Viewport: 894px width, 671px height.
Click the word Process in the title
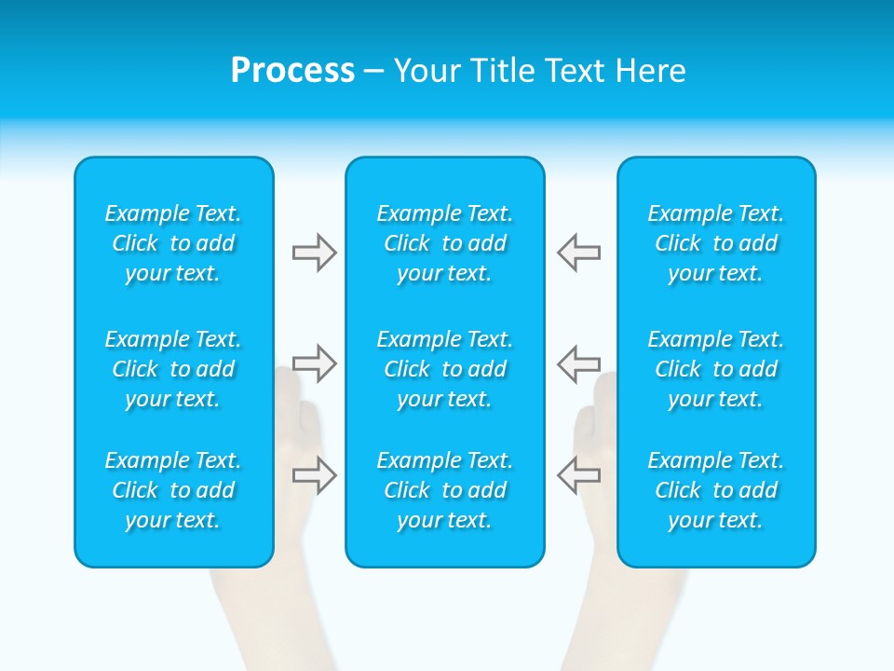point(292,71)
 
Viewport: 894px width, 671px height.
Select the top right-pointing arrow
point(314,253)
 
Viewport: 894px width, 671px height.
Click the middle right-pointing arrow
point(314,363)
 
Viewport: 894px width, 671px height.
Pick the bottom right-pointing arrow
point(314,474)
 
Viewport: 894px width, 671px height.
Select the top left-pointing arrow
point(578,253)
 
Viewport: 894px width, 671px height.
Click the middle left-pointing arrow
point(578,363)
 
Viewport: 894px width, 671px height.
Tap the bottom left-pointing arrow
point(578,474)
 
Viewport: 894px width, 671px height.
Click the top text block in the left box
point(173,243)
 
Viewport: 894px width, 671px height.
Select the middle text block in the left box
point(173,369)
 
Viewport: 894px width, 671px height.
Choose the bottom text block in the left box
point(173,490)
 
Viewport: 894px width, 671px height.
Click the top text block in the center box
point(444,243)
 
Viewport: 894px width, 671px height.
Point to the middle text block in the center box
point(444,369)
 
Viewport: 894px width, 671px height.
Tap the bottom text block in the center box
point(444,490)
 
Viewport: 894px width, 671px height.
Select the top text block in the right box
point(715,243)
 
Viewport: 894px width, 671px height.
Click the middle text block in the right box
point(715,369)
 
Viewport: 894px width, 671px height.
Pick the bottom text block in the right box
point(715,490)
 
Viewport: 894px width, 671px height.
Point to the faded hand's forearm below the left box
point(261,620)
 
